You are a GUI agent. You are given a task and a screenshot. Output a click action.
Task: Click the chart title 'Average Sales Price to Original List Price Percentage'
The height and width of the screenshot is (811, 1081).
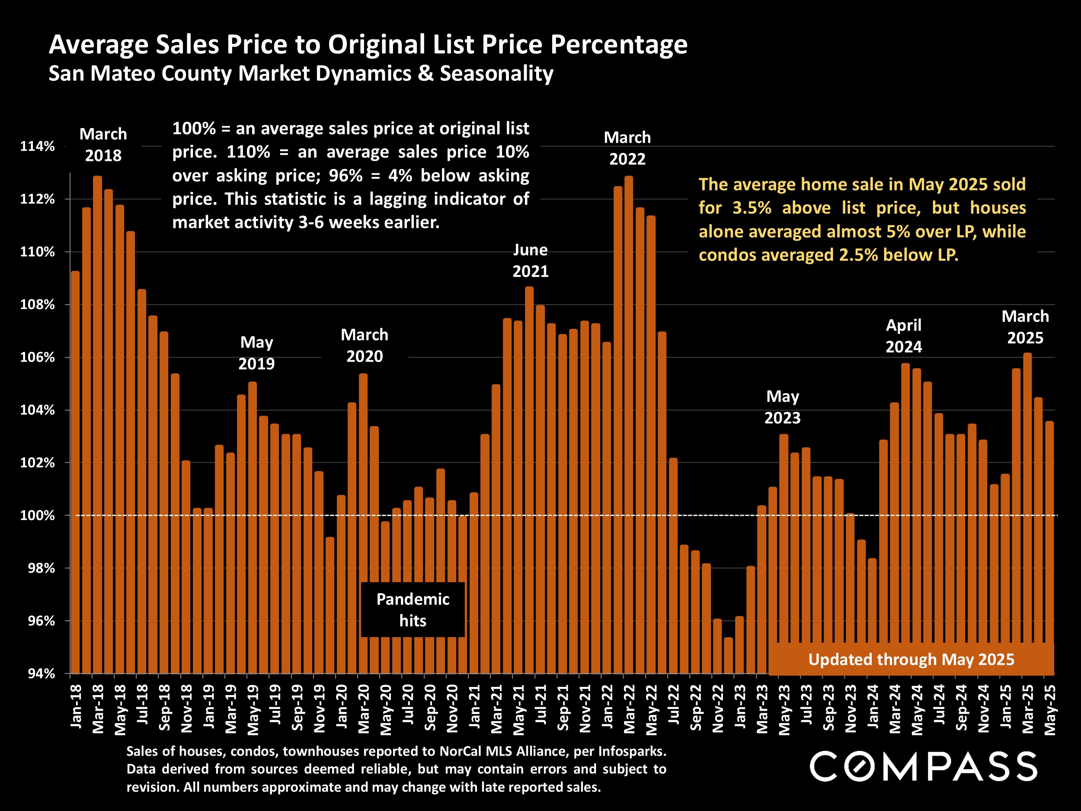368,45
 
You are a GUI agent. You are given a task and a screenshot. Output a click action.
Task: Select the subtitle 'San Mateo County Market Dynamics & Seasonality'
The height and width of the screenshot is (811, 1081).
301,74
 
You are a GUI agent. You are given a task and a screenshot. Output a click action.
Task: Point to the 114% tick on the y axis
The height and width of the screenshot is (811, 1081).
37,146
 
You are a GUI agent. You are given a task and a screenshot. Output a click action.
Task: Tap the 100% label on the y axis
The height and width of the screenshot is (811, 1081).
37,515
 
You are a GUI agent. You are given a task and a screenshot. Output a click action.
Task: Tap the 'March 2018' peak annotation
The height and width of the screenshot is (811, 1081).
103,145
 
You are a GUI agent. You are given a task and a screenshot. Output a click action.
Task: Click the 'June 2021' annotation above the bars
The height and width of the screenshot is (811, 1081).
530,260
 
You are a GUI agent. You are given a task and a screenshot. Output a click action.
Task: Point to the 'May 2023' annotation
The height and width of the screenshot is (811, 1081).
782,407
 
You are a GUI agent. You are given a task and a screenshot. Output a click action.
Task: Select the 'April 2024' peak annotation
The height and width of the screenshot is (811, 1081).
904,336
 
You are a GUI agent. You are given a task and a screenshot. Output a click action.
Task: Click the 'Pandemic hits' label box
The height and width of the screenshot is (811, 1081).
413,609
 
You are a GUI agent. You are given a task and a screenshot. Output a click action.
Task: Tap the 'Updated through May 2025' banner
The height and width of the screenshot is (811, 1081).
911,660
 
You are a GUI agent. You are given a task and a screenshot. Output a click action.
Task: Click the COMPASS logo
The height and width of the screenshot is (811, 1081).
923,766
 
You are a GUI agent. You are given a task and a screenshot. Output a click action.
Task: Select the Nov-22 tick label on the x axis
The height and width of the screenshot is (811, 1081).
718,708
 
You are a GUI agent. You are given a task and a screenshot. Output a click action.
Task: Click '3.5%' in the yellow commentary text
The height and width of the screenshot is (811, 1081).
752,208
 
